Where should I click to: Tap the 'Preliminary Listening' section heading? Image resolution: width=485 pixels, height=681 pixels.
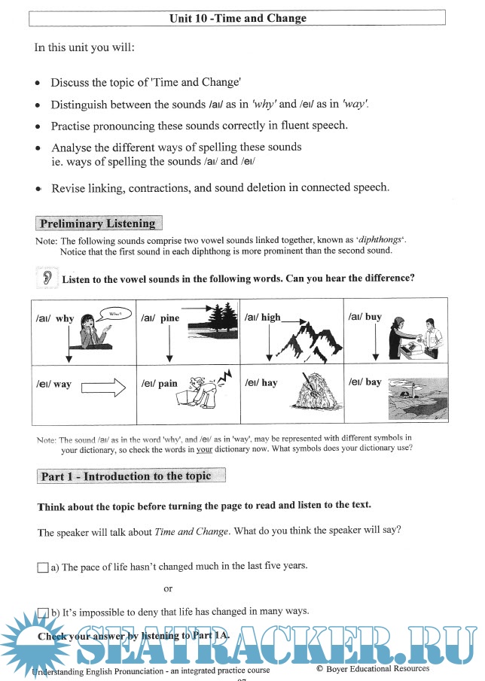coord(98,223)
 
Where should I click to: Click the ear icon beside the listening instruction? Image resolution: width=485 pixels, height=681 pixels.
coord(46,278)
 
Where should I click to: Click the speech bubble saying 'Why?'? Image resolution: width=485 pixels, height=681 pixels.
coord(114,312)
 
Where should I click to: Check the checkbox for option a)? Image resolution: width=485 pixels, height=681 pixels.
coord(43,567)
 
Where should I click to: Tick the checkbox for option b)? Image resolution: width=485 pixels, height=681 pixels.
coord(43,612)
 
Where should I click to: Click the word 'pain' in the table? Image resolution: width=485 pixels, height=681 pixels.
coord(168,384)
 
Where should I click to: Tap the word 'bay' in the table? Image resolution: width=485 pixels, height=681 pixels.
coord(374,382)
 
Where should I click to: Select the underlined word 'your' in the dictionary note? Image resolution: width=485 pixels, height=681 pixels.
coord(204,449)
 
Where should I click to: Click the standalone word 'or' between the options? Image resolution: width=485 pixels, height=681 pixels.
coord(168,588)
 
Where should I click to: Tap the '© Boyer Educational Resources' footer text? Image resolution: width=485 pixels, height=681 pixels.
coord(373,668)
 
